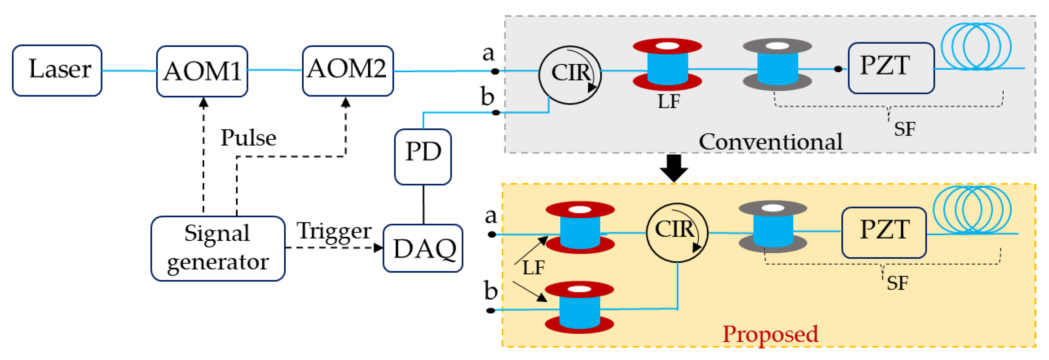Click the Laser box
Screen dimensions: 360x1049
57,70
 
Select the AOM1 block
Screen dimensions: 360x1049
202,71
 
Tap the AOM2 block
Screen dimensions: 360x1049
348,70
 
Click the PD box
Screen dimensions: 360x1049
423,157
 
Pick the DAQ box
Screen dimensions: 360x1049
423,248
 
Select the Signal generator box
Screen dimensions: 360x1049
218,248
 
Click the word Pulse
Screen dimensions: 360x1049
248,138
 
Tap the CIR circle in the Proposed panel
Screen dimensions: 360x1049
677,232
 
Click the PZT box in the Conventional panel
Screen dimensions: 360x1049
891,68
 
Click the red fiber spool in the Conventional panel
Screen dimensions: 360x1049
667,64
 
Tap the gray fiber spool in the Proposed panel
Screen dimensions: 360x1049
772,227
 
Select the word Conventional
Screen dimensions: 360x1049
771,142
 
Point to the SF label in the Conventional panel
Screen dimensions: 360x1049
905,129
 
